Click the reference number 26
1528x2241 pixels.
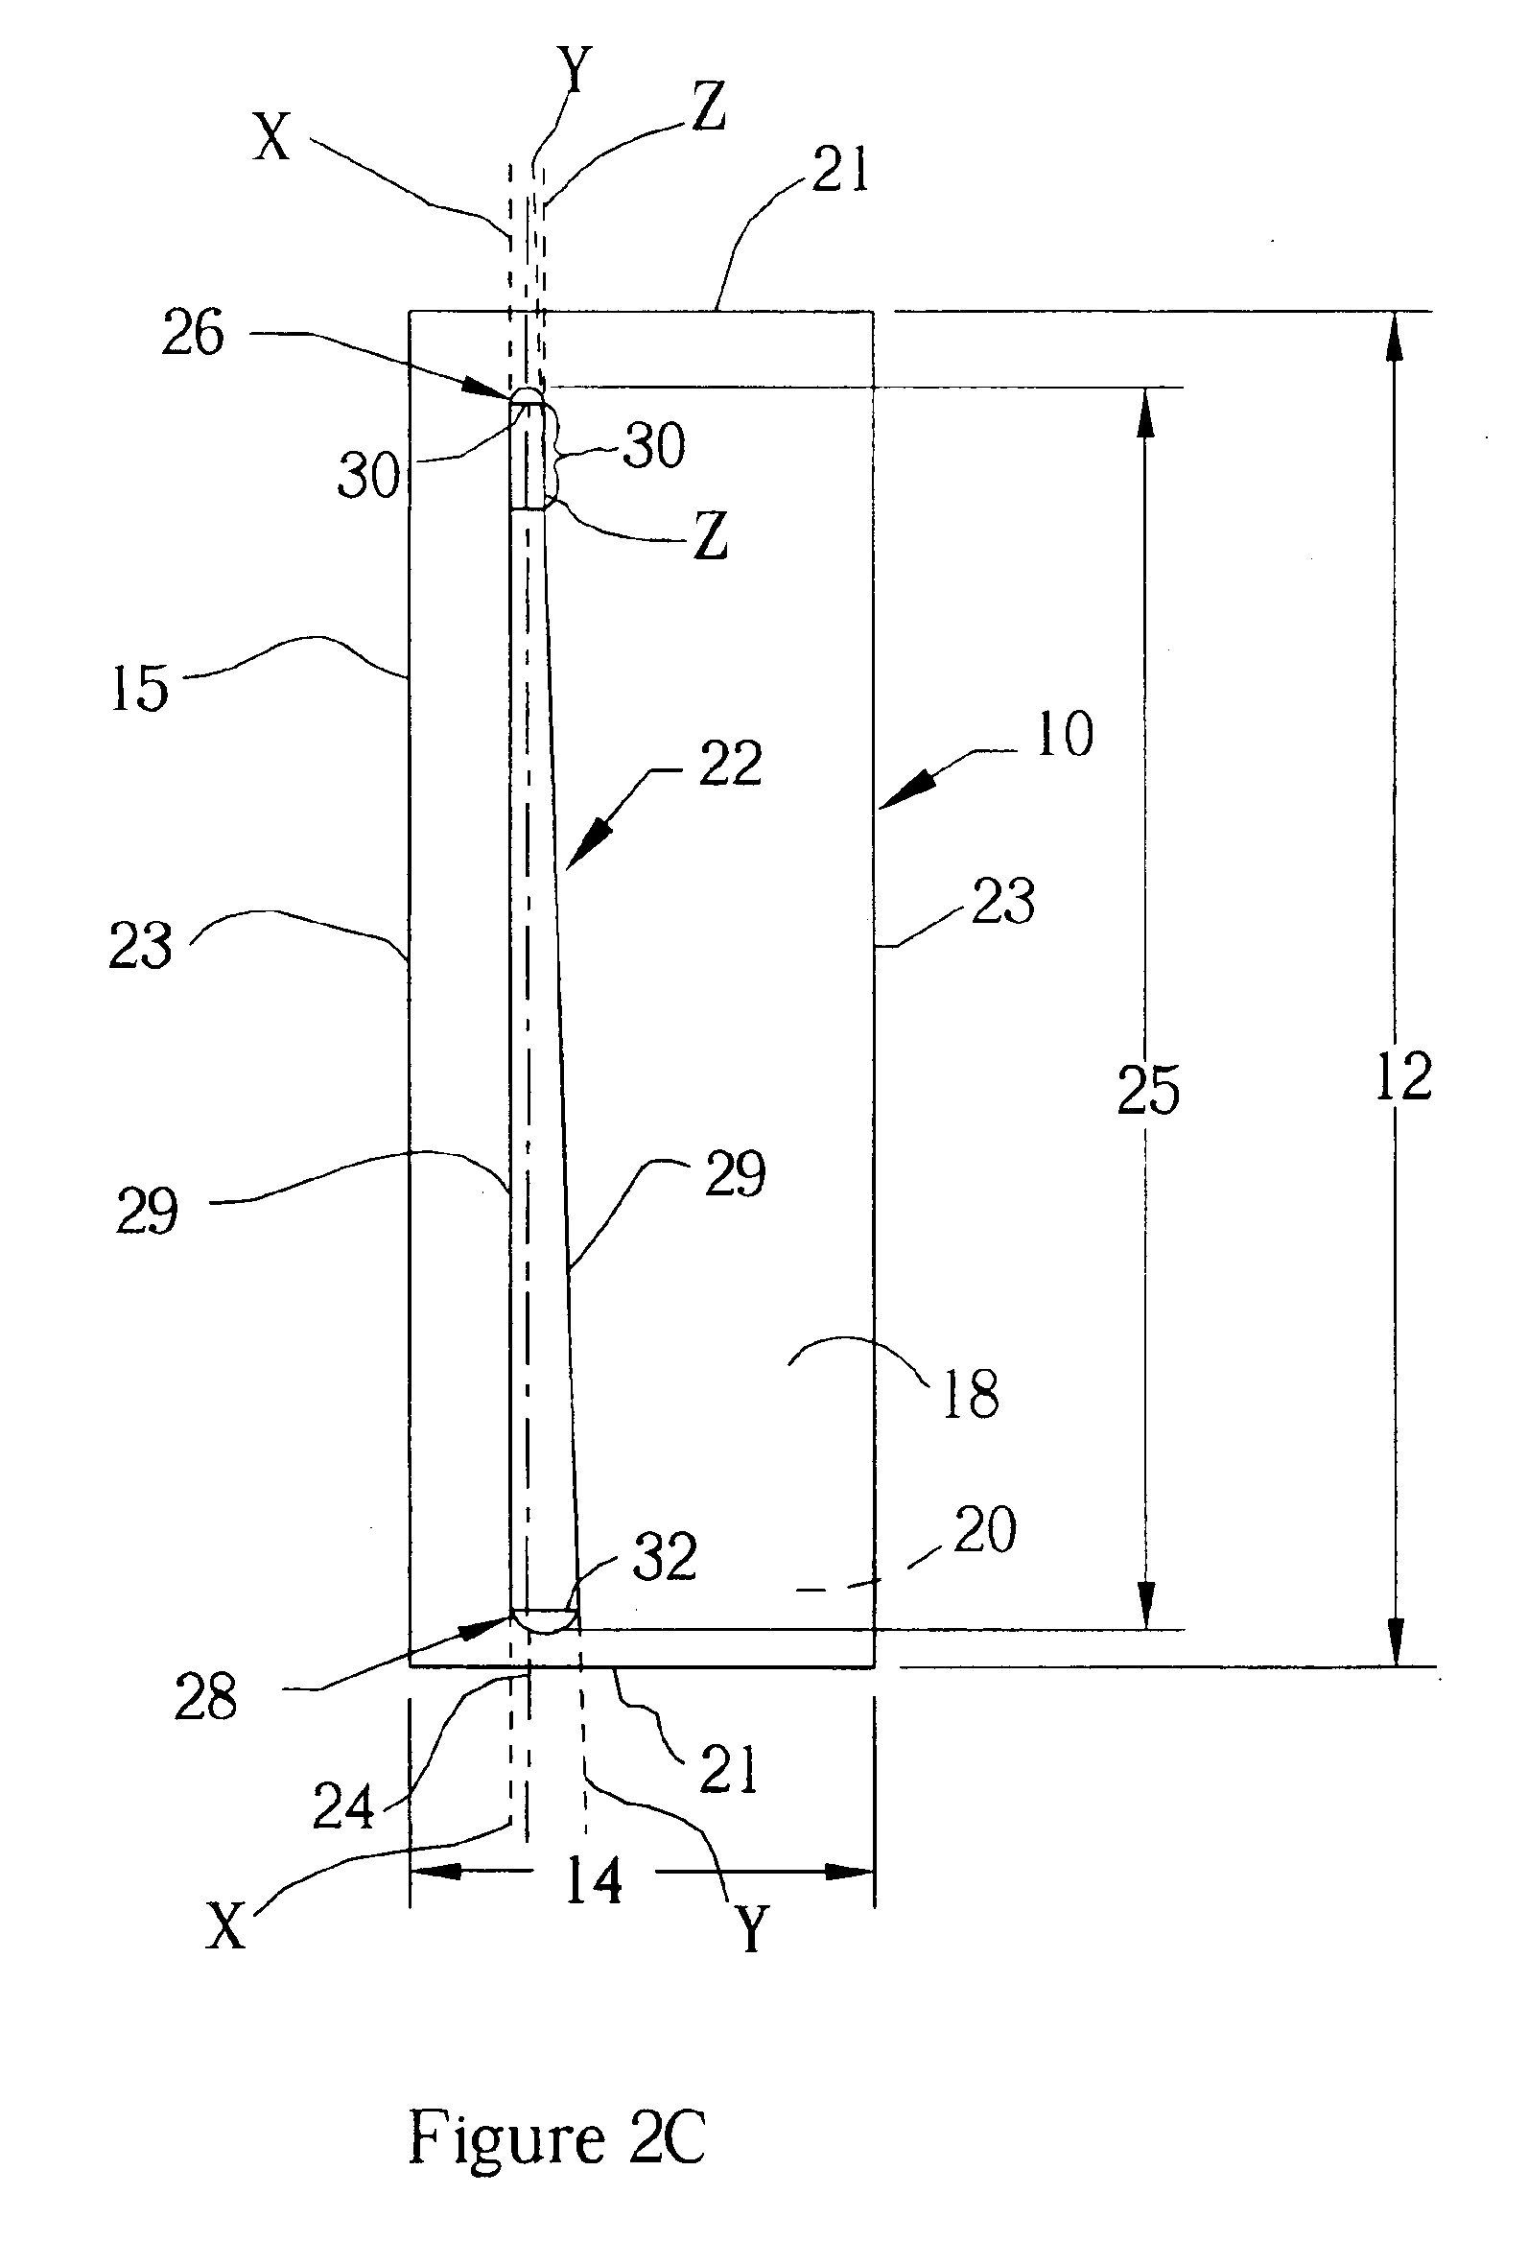tap(193, 334)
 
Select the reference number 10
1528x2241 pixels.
tap(1065, 735)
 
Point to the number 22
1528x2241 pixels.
tap(731, 765)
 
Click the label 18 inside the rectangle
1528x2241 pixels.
tap(971, 1393)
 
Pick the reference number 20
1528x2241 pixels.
tap(985, 1529)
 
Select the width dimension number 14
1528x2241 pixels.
tap(594, 1881)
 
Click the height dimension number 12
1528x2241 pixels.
tap(1402, 1077)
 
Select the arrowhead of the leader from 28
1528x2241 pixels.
tap(496, 1625)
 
